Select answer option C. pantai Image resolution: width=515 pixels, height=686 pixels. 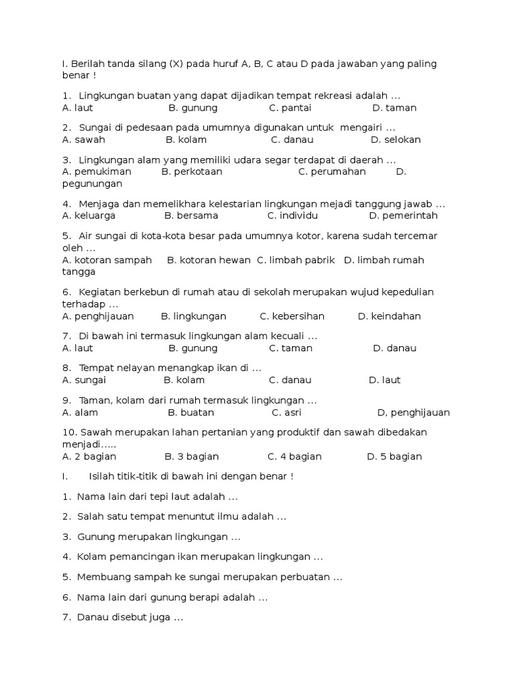290,108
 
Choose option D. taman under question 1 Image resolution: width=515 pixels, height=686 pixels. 394,108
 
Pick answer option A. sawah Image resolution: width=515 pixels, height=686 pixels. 84,140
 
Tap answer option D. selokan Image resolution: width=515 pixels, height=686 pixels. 396,140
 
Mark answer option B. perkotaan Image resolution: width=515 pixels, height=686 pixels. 192,171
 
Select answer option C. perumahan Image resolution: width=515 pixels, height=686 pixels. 332,171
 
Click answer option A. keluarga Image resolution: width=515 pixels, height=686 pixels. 89,216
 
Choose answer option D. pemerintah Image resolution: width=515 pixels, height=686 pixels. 403,216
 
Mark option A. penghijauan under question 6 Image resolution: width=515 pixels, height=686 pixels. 98,316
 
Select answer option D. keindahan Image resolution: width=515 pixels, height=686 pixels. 390,316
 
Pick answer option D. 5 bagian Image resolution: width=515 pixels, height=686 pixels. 394,457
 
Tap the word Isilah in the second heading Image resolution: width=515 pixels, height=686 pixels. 104,476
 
